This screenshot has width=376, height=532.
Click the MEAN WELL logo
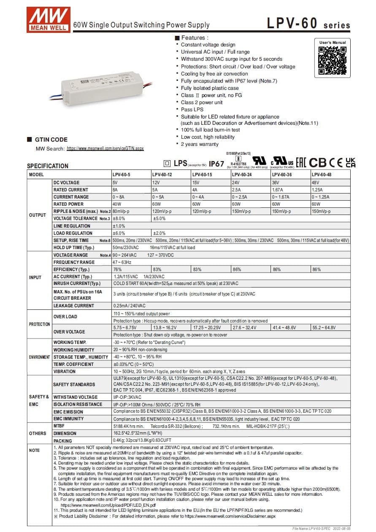pos(48,19)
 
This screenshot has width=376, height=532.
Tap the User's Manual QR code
pos(332,61)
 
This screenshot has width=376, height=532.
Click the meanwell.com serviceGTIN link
pos(105,148)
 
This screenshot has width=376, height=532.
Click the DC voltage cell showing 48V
pos(316,183)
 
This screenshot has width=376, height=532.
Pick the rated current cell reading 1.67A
pos(278,190)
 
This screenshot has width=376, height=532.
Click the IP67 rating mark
pos(216,164)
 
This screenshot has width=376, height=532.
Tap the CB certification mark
pos(318,162)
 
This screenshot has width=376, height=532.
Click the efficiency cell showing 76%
pos(117,269)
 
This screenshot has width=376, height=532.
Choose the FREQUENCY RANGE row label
pos(74,262)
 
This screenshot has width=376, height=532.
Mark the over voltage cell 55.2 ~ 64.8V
pos(324,328)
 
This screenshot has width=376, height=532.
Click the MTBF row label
pos(60,426)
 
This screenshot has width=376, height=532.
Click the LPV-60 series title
pos(308,24)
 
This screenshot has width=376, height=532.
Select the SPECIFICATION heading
pos(48,166)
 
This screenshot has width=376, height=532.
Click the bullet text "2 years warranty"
pos(200,144)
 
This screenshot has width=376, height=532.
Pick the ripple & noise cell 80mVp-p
pos(121,211)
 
